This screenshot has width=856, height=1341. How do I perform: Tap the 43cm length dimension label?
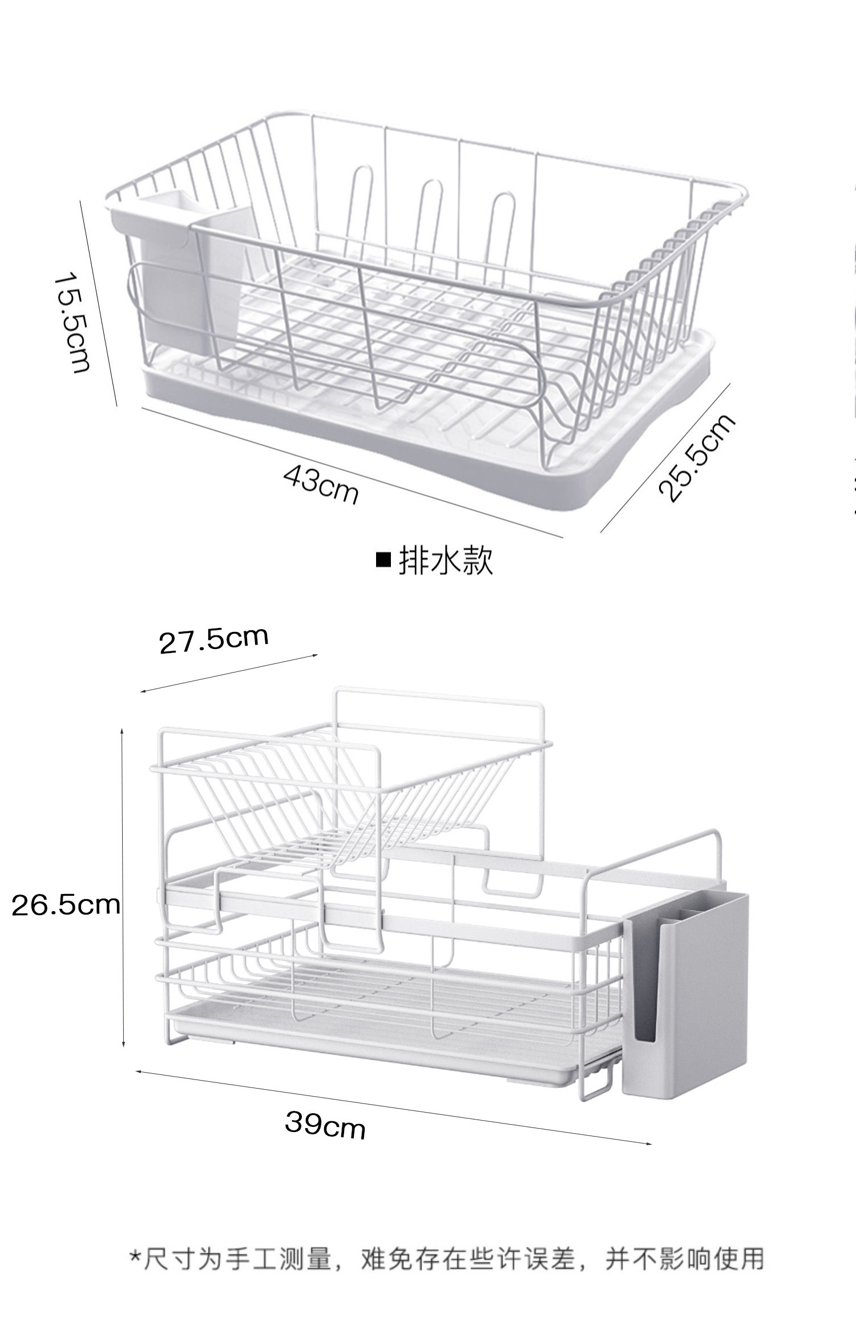(x=321, y=484)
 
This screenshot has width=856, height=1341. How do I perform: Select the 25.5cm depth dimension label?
(x=696, y=458)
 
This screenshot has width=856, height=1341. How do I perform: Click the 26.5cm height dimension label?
(x=66, y=905)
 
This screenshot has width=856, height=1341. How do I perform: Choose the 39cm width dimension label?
(x=325, y=1125)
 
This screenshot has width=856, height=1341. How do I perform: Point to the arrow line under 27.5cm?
(x=228, y=673)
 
